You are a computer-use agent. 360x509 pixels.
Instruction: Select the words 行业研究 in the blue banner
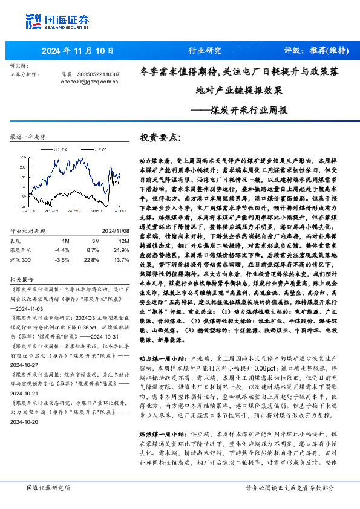[x=205, y=51]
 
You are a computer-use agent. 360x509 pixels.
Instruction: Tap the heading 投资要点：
[x=160, y=137]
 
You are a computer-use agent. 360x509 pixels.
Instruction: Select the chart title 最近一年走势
[x=28, y=138]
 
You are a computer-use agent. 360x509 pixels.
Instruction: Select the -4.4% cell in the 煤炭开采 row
[x=62, y=233]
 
